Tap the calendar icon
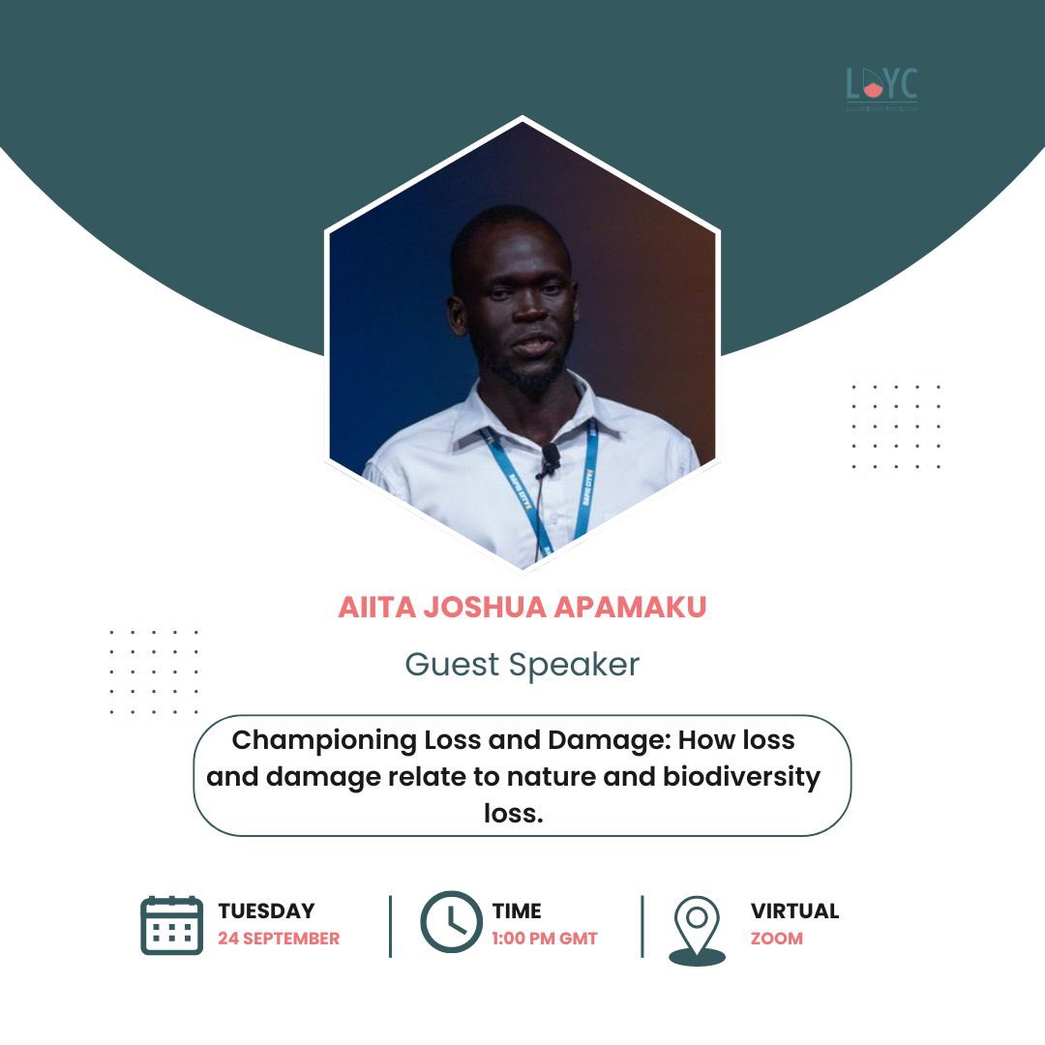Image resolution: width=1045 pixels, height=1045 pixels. pyautogui.click(x=171, y=926)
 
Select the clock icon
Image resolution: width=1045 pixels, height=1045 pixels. pyautogui.click(x=451, y=922)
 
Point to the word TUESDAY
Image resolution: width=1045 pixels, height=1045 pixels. pyautogui.click(x=266, y=911)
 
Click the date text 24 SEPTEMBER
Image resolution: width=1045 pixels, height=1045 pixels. pyautogui.click(x=279, y=939)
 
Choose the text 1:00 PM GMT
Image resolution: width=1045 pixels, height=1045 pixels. pyautogui.click(x=545, y=939)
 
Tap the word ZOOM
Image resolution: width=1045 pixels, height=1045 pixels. pyautogui.click(x=776, y=939)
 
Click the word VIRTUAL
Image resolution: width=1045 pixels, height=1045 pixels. pyautogui.click(x=794, y=911)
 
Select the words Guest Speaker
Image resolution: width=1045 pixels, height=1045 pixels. pyautogui.click(x=522, y=665)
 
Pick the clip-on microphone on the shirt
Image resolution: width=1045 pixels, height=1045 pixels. pyautogui.click(x=551, y=456)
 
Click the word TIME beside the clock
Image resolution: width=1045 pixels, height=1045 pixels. pyautogui.click(x=517, y=911)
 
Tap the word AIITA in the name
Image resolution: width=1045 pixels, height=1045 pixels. pyautogui.click(x=373, y=608)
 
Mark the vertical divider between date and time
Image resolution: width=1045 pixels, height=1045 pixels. pyautogui.click(x=391, y=926)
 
